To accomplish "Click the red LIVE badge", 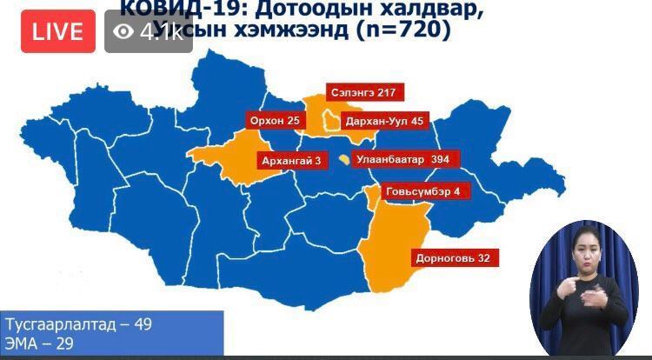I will coord(58,32).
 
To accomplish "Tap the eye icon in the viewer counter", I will coord(124,32).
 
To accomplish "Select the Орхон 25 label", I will coord(274,120).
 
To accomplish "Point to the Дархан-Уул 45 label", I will coord(383,121).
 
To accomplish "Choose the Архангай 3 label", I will coord(291,160).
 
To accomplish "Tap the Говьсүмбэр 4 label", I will coord(422,191).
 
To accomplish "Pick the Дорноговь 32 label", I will coord(453,258).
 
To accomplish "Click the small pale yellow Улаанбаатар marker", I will coord(345,160).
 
